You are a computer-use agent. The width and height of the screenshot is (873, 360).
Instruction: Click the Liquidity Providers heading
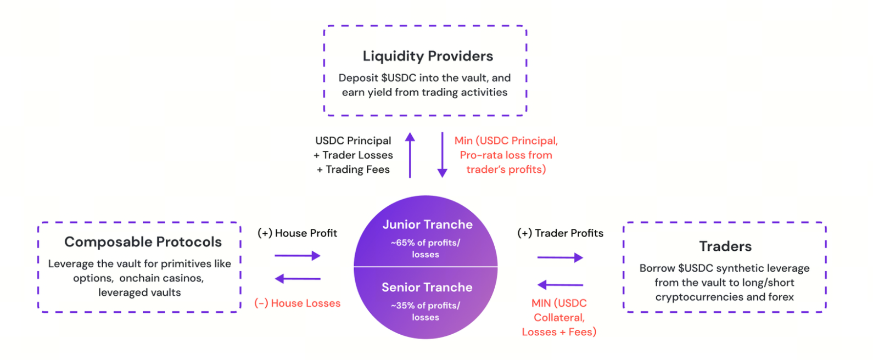pos(428,56)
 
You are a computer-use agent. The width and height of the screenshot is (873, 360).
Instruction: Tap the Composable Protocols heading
pos(143,242)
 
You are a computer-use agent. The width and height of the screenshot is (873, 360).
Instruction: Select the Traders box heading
pos(725,246)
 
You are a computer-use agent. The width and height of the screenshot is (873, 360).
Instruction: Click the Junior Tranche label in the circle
pos(428,224)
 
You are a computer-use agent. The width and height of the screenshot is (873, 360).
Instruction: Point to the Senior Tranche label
pos(427,287)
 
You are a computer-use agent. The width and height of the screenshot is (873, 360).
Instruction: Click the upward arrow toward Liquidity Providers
pos(410,155)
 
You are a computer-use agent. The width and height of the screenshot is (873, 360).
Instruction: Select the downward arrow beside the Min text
pos(442,155)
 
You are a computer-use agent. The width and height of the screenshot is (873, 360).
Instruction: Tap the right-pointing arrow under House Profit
pos(298,256)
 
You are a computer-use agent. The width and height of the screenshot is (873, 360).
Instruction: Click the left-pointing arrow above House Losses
pos(298,279)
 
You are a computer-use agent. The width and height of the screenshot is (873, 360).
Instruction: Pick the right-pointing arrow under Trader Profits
pos(560,257)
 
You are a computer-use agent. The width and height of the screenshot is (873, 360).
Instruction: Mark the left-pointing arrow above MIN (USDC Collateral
pos(560,285)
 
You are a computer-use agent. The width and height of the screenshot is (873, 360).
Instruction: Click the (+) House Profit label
pos(298,233)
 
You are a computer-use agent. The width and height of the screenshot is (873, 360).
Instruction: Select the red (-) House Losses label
pos(298,303)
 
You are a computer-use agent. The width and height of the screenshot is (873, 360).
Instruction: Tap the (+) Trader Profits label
pos(561,233)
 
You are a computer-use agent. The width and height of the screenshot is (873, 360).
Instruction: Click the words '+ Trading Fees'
pos(353,170)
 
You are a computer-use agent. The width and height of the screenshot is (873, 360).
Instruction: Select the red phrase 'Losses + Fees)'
pos(559,332)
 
